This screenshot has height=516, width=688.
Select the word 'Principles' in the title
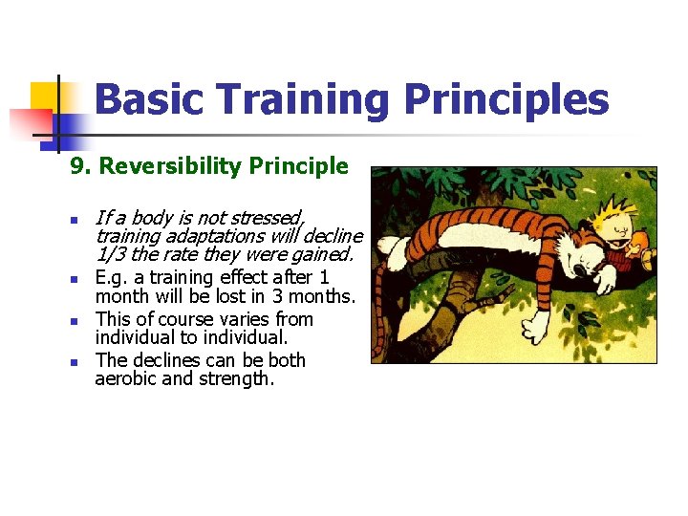[x=506, y=99]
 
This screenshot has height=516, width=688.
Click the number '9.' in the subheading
[x=80, y=166]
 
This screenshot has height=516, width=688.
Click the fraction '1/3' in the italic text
[x=111, y=254]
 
